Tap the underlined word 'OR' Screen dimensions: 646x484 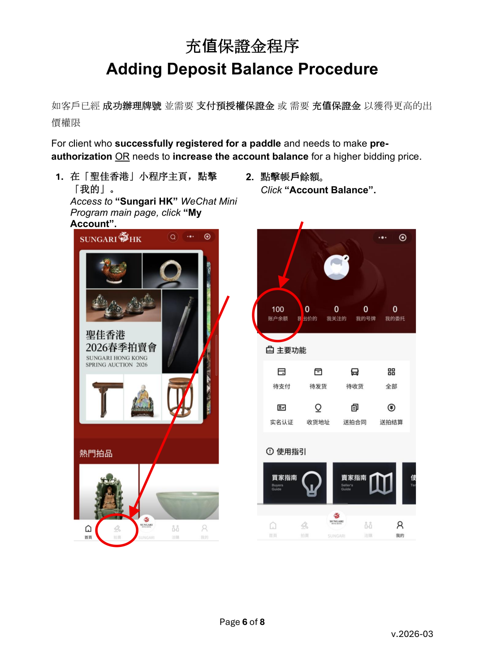click(x=122, y=156)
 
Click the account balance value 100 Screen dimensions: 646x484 click(x=277, y=309)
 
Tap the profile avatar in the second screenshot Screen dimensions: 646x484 click(x=337, y=267)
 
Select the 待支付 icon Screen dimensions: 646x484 click(x=281, y=372)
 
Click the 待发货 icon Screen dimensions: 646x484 click(x=318, y=372)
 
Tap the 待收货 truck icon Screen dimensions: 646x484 click(x=354, y=372)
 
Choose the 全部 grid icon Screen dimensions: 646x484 click(x=391, y=372)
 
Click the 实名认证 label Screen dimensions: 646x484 click(x=281, y=422)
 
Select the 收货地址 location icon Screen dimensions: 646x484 click(x=318, y=408)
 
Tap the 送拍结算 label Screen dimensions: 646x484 click(x=391, y=422)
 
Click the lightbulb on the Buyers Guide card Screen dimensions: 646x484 click(x=312, y=484)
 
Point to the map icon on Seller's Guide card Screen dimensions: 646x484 click(x=381, y=483)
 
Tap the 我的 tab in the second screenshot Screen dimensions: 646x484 click(x=400, y=528)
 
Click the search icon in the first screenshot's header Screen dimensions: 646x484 click(x=173, y=237)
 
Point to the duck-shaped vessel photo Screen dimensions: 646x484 click(x=114, y=271)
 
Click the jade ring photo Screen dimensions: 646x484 click(x=170, y=271)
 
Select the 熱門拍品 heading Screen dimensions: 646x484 click(x=96, y=453)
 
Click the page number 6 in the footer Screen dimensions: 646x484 click(x=245, y=622)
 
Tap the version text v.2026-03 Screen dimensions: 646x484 click(x=412, y=634)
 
